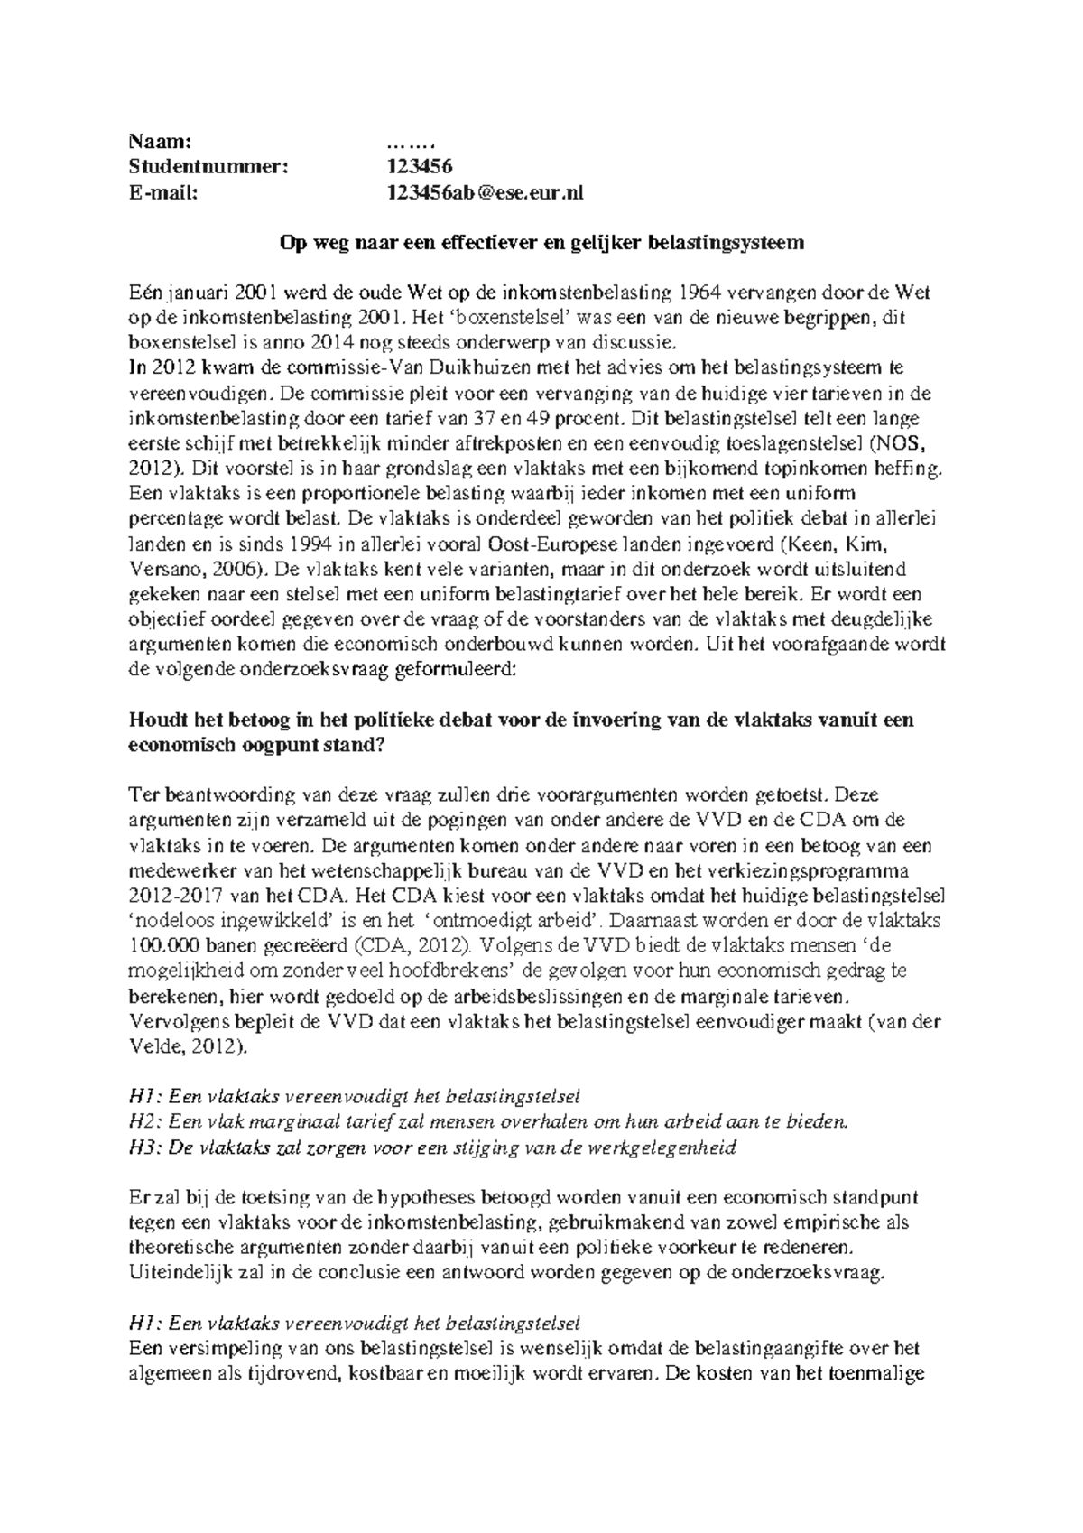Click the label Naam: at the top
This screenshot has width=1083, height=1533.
(161, 141)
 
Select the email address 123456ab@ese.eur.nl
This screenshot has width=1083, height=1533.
(485, 191)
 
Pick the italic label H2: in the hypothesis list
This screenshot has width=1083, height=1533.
(145, 1122)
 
